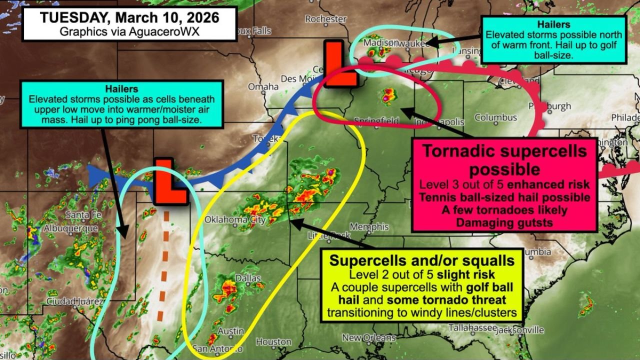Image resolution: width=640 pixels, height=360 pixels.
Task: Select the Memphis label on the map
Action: [x=369, y=227]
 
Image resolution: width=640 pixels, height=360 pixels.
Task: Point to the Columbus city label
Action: [x=495, y=117]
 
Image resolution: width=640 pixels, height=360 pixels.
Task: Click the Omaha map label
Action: [x=263, y=86]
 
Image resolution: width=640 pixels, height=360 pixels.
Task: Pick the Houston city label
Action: [x=273, y=342]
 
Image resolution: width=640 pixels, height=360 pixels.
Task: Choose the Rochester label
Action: [x=325, y=19]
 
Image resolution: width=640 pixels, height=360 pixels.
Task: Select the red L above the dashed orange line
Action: [x=170, y=181]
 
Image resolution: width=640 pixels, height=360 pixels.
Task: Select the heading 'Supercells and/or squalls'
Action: [x=422, y=260]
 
